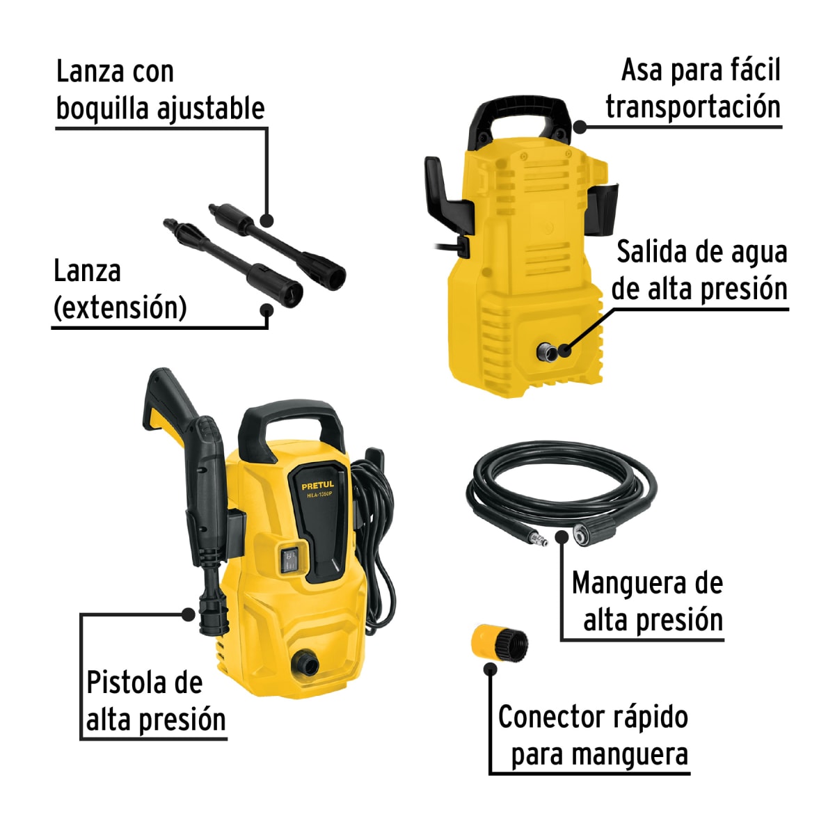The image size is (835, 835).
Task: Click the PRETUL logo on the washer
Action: [317, 485]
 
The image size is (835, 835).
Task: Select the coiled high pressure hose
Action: [560, 480]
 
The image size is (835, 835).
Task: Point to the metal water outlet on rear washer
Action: [546, 352]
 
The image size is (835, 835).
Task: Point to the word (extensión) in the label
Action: [120, 307]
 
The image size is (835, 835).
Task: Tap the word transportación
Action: [692, 107]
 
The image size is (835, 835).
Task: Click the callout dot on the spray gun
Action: [188, 614]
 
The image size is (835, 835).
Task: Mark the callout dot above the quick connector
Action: [491, 669]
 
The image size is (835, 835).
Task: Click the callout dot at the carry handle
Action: [580, 127]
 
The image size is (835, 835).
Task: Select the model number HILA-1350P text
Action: [318, 495]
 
